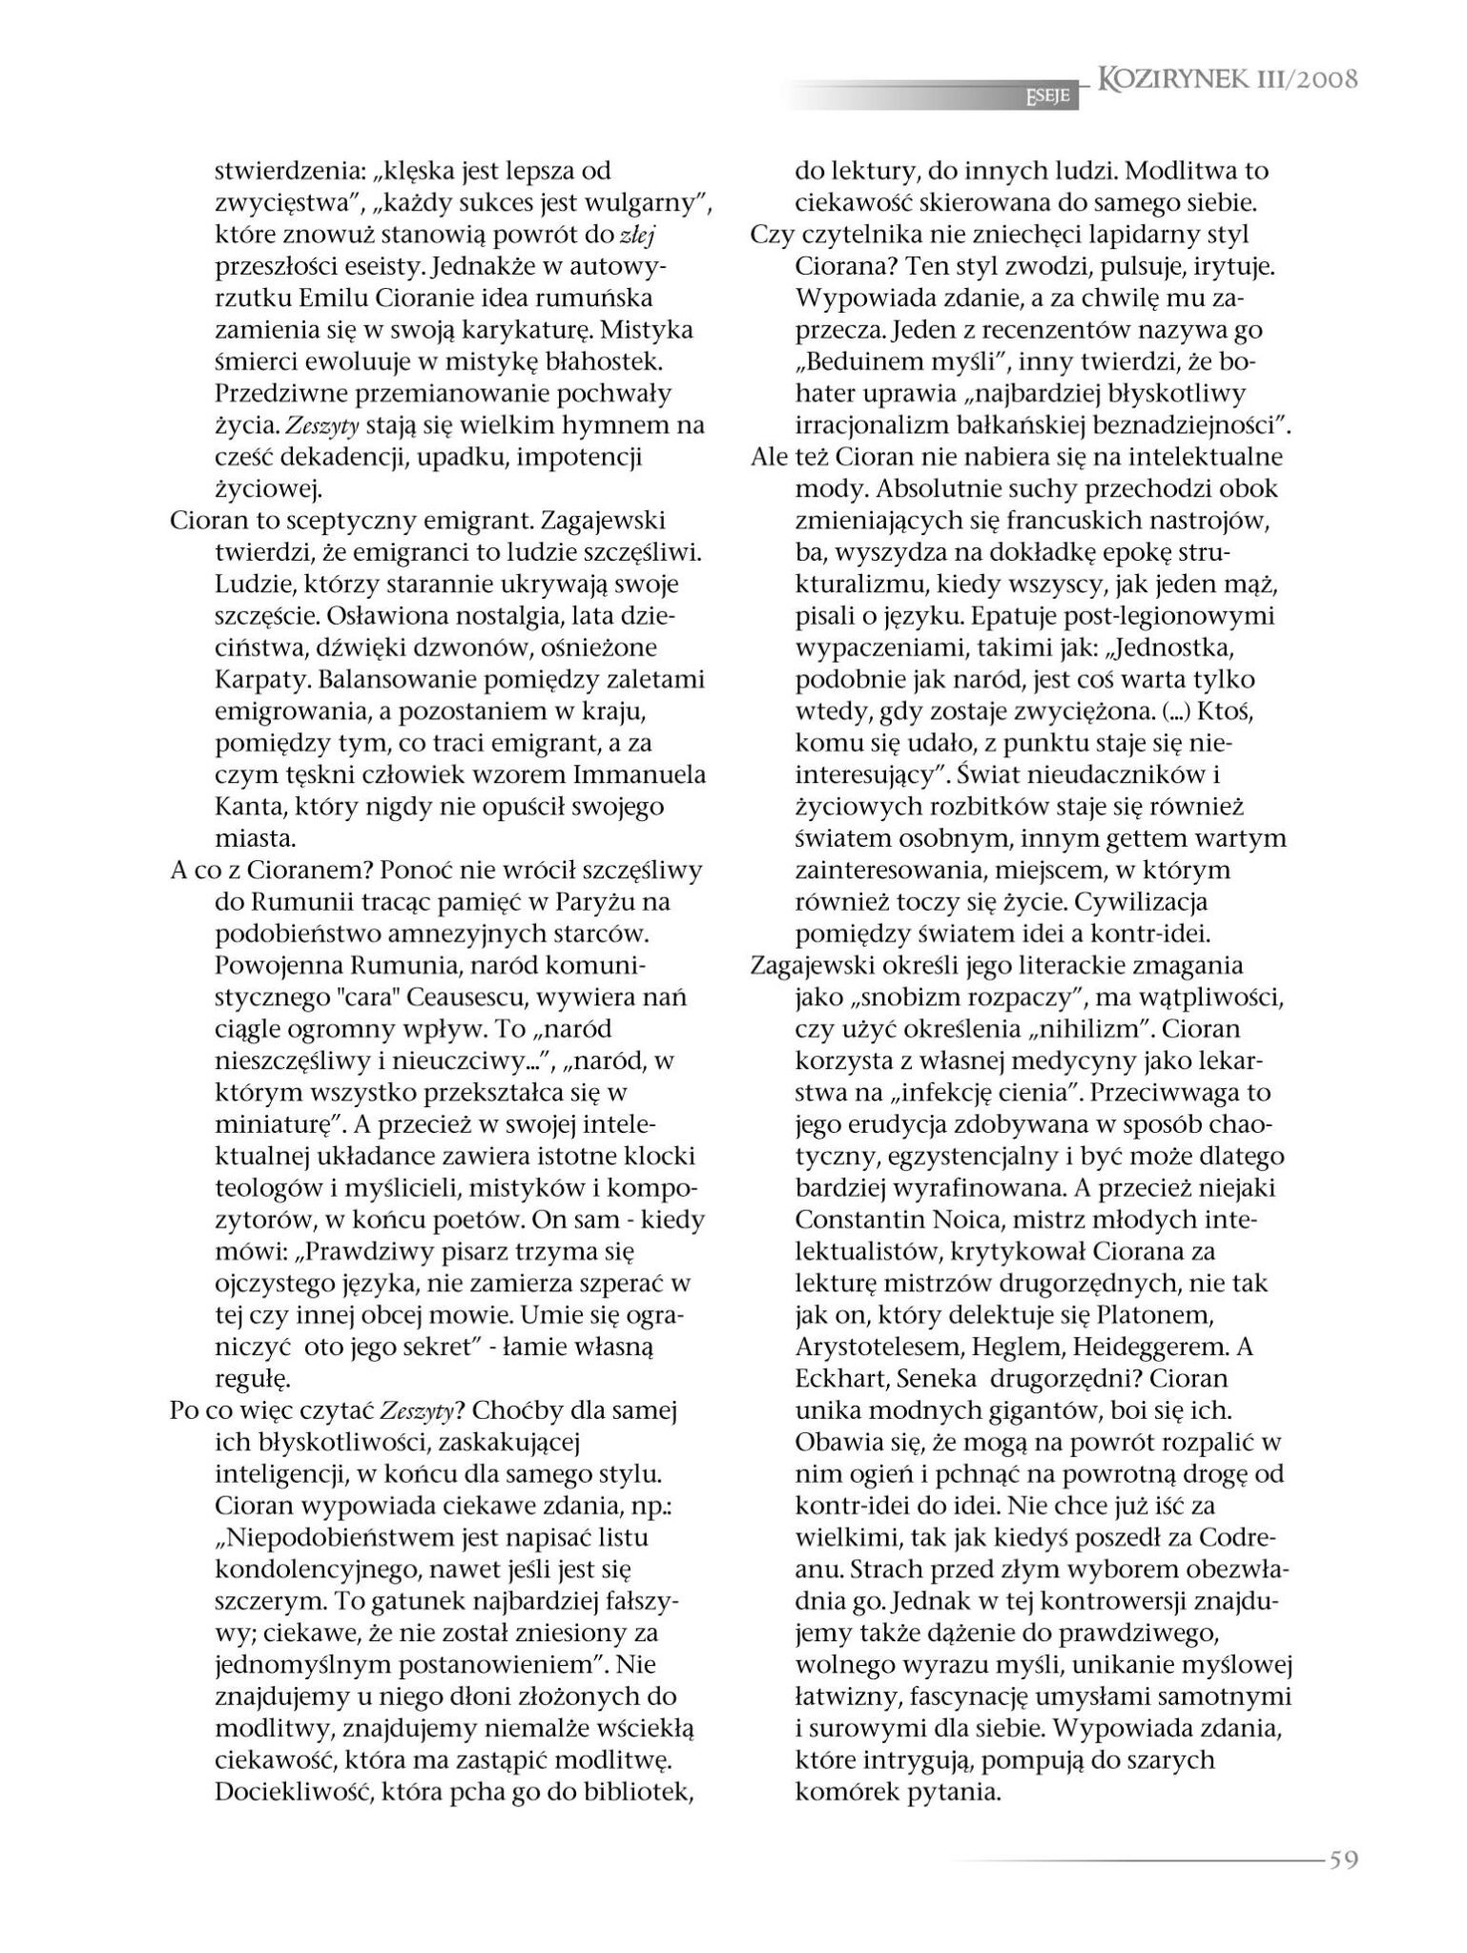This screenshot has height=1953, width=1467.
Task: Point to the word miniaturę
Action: tap(272, 1124)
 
